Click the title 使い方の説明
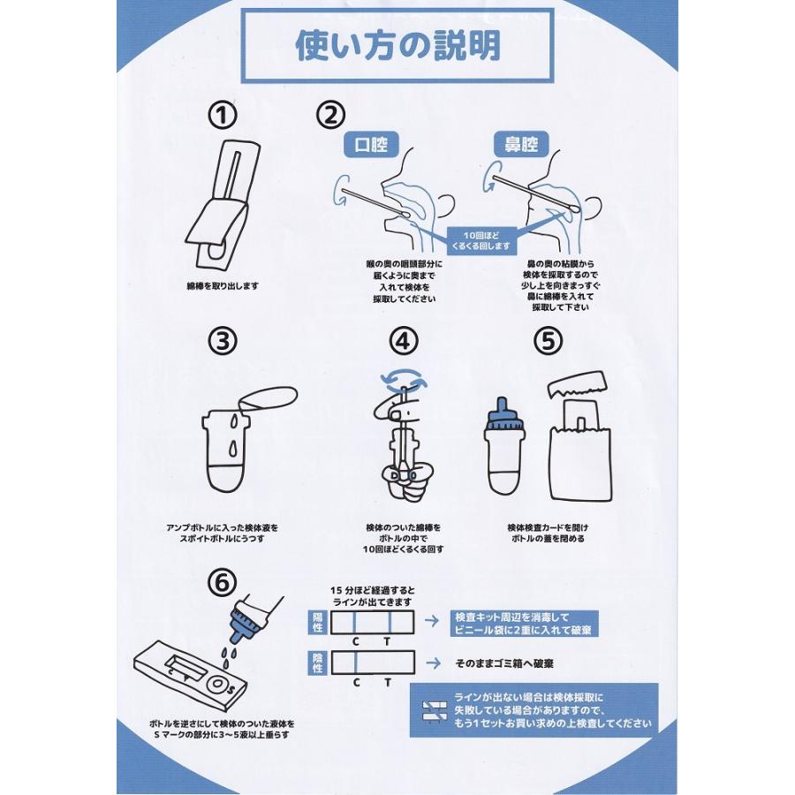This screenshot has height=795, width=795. pyautogui.click(x=398, y=46)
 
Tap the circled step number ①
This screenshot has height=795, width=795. pyautogui.click(x=222, y=116)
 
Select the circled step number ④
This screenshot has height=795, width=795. pyautogui.click(x=404, y=341)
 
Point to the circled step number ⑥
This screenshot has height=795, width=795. pyautogui.click(x=222, y=583)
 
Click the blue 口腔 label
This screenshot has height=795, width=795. pyautogui.click(x=371, y=145)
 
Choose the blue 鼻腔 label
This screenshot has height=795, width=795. pyautogui.click(x=520, y=145)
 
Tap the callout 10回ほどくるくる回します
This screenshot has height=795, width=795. pyautogui.click(x=481, y=241)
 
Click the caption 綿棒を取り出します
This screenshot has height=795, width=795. pyautogui.click(x=223, y=286)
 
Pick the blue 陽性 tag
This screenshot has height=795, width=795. pyautogui.click(x=317, y=622)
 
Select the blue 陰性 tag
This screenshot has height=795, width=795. pyautogui.click(x=317, y=662)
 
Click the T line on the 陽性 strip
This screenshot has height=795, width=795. pyautogui.click(x=390, y=622)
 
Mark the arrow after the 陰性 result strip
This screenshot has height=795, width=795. pyautogui.click(x=432, y=662)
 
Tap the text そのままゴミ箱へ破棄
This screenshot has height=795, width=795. pyautogui.click(x=504, y=663)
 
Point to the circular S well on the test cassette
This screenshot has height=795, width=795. pyautogui.click(x=218, y=684)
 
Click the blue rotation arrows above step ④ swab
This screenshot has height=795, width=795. pyautogui.click(x=404, y=379)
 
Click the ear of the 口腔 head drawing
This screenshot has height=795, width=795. pyautogui.click(x=446, y=205)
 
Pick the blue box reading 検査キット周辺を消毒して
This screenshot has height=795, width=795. pyautogui.click(x=524, y=624)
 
